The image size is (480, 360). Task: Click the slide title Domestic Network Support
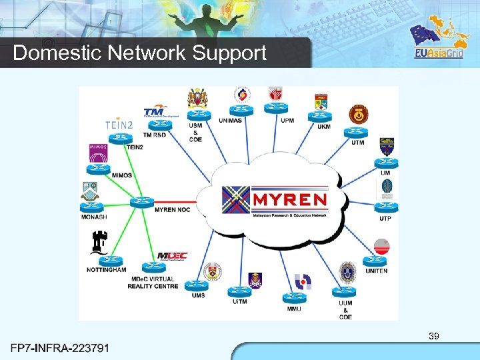[139, 53]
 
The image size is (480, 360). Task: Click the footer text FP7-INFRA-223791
[61, 348]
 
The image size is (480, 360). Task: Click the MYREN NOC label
[172, 209]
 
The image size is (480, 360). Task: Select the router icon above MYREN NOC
[141, 201]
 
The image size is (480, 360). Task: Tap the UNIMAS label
[235, 121]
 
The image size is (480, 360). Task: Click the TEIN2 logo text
[119, 125]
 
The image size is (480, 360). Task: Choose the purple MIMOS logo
[99, 153]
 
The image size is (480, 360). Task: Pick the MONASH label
[94, 217]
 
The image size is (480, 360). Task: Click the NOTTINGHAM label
[107, 270]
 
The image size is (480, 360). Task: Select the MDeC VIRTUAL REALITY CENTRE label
[153, 283]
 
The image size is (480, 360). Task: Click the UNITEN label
[376, 271]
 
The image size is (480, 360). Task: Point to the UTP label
[385, 219]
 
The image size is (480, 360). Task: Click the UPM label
[287, 121]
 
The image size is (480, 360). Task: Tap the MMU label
[293, 309]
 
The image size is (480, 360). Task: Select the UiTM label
[240, 302]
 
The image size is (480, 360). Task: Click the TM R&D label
[155, 135]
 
